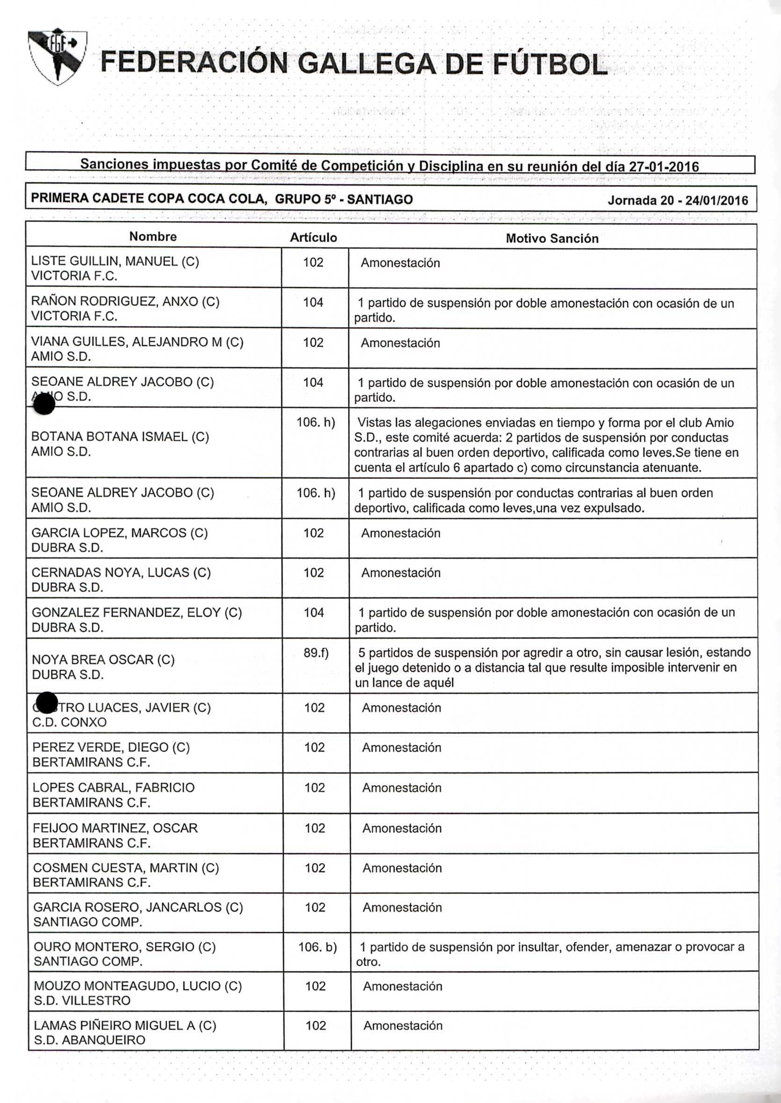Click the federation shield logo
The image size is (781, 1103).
[x=57, y=56]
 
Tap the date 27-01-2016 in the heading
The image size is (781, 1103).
[x=664, y=167]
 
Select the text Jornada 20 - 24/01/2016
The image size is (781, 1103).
[x=678, y=200]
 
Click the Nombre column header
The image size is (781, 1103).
[x=153, y=237]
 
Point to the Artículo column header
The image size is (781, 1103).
[x=313, y=238]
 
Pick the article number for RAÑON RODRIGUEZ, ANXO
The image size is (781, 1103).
[x=313, y=303]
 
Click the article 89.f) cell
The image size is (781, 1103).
[x=316, y=653]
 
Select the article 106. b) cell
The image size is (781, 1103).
[x=318, y=947]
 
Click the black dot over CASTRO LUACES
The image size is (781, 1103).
[x=47, y=703]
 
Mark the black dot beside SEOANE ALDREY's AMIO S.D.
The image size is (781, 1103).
[x=45, y=404]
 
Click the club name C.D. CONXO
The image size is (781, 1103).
[x=69, y=723]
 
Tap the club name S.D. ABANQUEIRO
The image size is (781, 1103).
[x=89, y=1040]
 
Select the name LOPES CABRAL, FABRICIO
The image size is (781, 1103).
[x=114, y=787]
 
